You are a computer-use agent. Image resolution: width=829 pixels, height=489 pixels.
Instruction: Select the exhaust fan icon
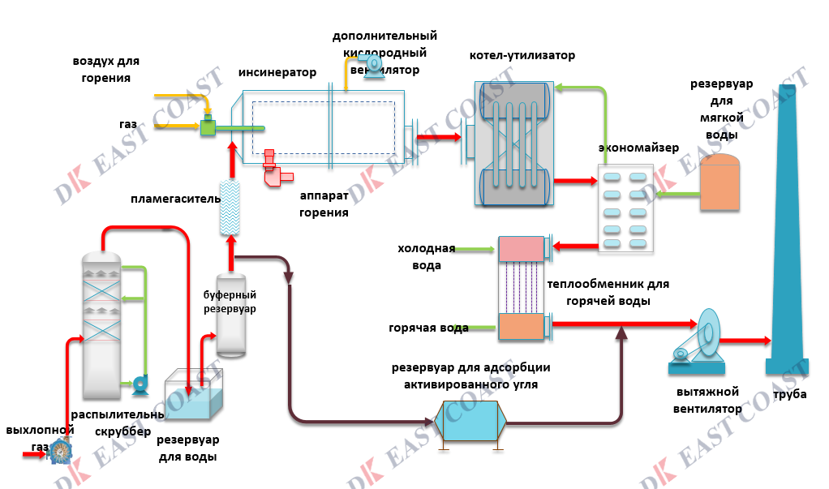tap(698, 341)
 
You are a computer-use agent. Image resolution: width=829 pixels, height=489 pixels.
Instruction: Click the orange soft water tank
tap(719, 184)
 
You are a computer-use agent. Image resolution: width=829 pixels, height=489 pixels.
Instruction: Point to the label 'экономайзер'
tap(638, 148)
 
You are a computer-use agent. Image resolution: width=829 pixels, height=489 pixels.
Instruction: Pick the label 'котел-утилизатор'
tap(522, 56)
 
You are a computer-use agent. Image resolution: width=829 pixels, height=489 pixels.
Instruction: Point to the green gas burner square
tap(208, 127)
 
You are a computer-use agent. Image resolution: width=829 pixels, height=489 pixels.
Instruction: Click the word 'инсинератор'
tap(277, 72)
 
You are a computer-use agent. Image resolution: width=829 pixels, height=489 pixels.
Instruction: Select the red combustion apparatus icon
tap(276, 169)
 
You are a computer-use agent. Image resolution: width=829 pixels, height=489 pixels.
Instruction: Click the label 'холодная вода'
tap(426, 256)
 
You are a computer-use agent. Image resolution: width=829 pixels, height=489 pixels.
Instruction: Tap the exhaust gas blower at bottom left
tap(60, 451)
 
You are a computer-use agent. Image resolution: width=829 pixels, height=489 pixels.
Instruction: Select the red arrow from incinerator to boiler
tap(436, 139)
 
